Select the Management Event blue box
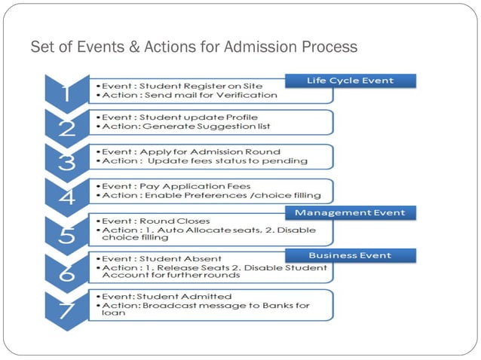coord(350,213)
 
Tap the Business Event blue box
coord(350,255)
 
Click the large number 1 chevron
coord(66,93)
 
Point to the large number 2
coord(66,127)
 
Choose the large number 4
coord(66,196)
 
